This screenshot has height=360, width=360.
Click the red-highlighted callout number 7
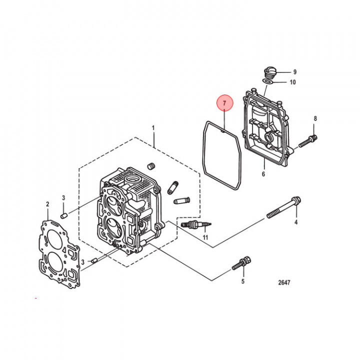[x=224, y=103]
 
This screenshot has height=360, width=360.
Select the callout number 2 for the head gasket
[x=47, y=204]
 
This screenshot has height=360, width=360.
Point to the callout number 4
[x=295, y=222]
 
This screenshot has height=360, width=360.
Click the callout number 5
[x=243, y=281]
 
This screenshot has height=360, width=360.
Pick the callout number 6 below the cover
[x=263, y=174]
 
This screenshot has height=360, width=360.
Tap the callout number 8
[x=315, y=118]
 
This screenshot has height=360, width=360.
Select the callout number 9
[x=295, y=72]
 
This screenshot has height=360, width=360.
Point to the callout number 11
[x=205, y=237]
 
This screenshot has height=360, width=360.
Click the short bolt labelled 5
[x=241, y=263]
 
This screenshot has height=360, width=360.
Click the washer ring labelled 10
[x=268, y=80]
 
